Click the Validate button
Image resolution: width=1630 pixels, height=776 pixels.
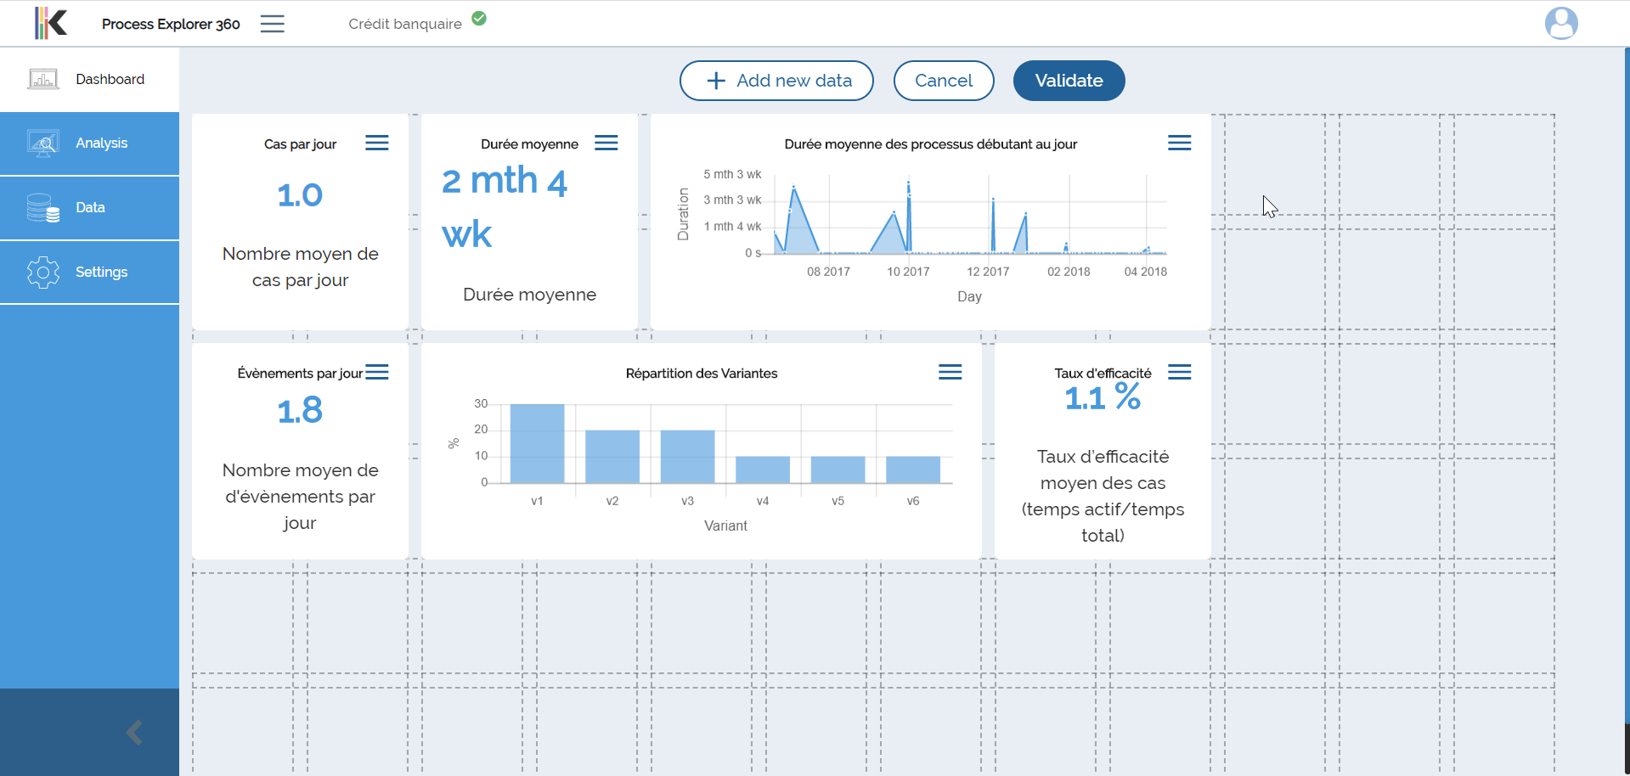click(x=1069, y=81)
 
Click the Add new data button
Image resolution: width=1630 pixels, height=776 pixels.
click(x=776, y=81)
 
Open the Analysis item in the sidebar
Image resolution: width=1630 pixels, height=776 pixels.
click(x=89, y=143)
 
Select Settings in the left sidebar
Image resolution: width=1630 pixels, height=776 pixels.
click(x=89, y=273)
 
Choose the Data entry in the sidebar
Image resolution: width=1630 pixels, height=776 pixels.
click(x=89, y=208)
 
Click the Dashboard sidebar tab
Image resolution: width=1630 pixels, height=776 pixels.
click(x=89, y=80)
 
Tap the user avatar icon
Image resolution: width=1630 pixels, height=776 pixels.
click(x=1561, y=23)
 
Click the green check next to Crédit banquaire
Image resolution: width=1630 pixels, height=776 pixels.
click(x=479, y=18)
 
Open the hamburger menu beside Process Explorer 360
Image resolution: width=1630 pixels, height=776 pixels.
click(x=273, y=24)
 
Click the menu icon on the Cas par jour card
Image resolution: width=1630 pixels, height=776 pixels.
click(x=377, y=143)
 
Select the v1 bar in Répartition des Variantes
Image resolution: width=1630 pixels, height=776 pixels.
click(x=537, y=444)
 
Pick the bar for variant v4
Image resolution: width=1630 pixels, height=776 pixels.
click(x=763, y=470)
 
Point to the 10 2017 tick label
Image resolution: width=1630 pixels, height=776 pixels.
click(x=908, y=272)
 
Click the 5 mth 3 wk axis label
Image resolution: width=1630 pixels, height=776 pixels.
click(x=732, y=174)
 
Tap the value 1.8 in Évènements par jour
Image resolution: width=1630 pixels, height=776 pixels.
click(x=300, y=411)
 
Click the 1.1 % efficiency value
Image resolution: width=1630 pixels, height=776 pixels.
click(x=1103, y=397)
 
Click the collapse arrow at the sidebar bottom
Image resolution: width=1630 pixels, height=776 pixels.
click(x=134, y=732)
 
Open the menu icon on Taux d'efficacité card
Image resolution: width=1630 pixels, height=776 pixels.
click(x=1180, y=372)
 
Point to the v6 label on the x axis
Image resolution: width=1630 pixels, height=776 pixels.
click(x=913, y=501)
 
